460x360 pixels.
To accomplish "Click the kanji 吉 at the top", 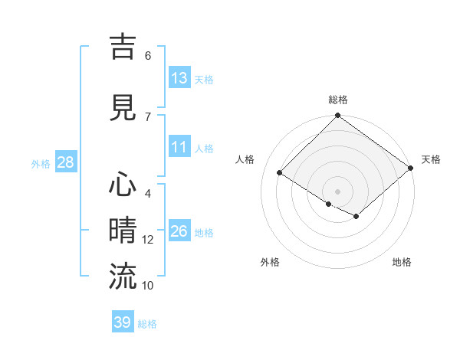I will pos(123,47).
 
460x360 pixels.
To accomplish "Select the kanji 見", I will pos(123,108).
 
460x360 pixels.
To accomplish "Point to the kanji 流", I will pos(123,277).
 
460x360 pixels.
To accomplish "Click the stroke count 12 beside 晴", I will pos(148,240).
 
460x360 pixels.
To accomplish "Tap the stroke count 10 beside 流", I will pos(148,286).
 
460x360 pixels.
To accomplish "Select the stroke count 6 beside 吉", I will pos(148,56).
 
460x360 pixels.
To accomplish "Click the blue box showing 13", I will pos(179,78).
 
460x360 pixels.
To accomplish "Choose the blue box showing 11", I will pos(179,147).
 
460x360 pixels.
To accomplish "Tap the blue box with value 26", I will pos(179,231).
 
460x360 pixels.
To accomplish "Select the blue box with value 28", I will pos(66,162).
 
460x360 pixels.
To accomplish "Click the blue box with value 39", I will pos(123,322).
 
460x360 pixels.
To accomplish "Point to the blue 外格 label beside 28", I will pos(41,163).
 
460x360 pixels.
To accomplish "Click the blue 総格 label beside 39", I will pos(148,324).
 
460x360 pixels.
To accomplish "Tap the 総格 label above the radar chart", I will pos(337,100).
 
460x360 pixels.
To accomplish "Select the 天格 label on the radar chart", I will pos(431,159).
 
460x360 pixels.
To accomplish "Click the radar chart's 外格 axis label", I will pos(270,262).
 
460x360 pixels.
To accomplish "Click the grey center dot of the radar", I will pos(337,191).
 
